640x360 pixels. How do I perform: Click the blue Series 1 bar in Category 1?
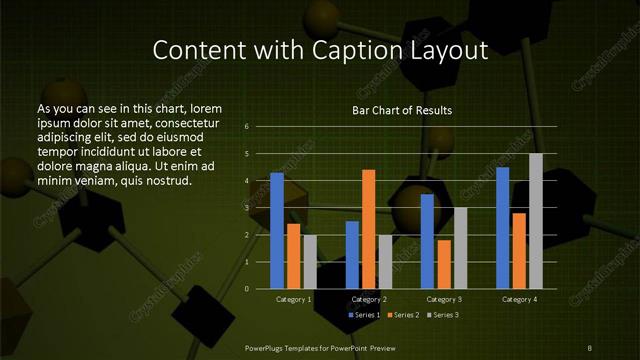277,231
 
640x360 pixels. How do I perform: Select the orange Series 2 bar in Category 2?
368,229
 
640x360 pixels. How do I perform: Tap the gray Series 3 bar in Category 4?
535,221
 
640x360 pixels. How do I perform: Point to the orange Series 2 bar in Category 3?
443,264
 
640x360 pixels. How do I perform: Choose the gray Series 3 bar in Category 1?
309,262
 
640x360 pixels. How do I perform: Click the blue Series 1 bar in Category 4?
503,227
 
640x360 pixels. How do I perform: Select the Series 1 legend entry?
365,316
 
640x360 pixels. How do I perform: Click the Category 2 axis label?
369,299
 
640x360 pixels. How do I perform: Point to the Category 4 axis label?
519,299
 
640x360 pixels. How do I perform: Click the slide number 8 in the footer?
591,347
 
